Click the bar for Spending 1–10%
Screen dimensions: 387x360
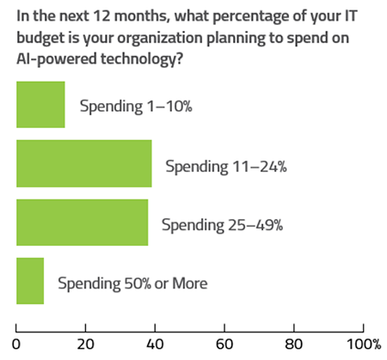point(40,105)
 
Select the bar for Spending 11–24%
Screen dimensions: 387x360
point(84,163)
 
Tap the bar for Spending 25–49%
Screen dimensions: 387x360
point(83,223)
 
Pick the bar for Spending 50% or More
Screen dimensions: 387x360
point(30,281)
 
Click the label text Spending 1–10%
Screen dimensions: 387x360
point(136,107)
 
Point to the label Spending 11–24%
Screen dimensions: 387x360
point(226,167)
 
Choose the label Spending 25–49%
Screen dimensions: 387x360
point(222,225)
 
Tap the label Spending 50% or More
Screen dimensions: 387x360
point(132,284)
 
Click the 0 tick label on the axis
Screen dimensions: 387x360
point(16,345)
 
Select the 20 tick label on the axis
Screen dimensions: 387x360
point(85,345)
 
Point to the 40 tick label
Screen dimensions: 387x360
point(155,345)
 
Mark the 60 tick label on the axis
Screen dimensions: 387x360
point(224,345)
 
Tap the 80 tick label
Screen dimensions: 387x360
point(294,345)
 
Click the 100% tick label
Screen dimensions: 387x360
point(364,345)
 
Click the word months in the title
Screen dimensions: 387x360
point(141,16)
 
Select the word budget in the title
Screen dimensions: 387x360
point(40,39)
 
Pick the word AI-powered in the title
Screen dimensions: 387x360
point(57,60)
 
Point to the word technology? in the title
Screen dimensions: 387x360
point(142,60)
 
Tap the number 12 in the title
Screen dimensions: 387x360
point(101,16)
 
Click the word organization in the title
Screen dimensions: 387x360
point(160,39)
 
